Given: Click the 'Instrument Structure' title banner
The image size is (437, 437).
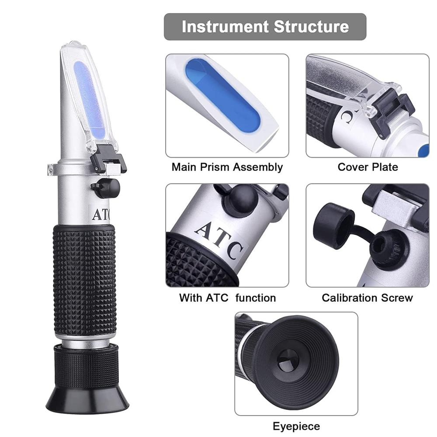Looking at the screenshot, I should (x=265, y=27).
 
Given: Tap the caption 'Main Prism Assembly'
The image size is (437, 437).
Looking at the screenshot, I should (x=227, y=167).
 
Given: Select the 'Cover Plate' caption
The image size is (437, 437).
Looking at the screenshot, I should (x=368, y=167).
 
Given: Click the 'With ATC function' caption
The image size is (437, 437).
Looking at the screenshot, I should (x=227, y=298).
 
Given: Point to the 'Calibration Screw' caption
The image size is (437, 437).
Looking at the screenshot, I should (x=367, y=298).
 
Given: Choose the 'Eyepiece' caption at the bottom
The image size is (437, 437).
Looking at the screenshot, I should (x=296, y=426).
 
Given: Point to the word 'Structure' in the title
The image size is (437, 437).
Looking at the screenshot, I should (x=311, y=27).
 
